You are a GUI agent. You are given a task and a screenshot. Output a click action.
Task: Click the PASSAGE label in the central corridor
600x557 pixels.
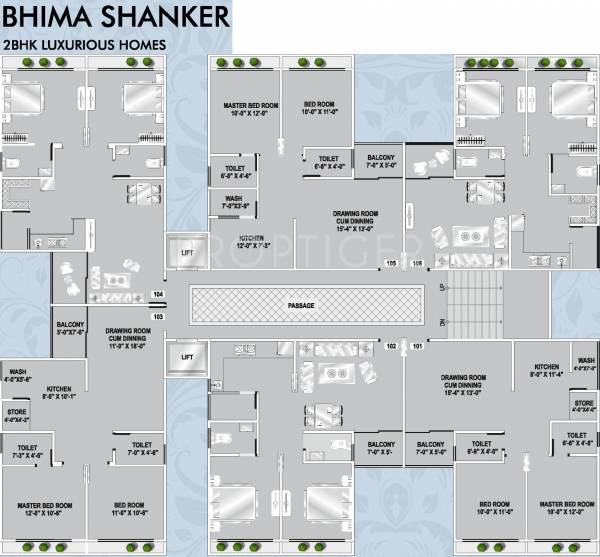click(301, 305)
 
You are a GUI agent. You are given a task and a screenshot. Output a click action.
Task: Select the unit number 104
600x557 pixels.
click(157, 294)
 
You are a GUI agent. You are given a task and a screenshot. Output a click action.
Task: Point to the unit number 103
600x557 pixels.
click(157, 315)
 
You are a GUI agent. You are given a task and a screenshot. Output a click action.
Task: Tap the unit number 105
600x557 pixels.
click(390, 264)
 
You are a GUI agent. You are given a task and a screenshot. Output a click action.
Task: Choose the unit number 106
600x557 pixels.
click(417, 264)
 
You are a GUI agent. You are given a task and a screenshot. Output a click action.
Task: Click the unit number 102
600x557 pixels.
click(391, 346)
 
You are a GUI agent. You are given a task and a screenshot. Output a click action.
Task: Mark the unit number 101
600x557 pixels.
click(417, 346)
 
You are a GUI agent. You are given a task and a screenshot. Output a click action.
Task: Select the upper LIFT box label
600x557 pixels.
click(186, 254)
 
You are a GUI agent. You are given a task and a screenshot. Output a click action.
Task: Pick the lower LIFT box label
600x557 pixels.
click(186, 356)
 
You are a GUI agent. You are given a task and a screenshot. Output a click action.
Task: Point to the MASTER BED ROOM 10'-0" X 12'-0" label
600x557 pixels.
click(250, 110)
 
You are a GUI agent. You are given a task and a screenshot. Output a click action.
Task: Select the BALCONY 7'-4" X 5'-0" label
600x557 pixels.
click(381, 162)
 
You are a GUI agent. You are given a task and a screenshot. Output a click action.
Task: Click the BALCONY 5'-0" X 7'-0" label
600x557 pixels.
click(70, 329)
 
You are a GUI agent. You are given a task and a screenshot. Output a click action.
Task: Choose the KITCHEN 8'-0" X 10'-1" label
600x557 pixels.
click(59, 391)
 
